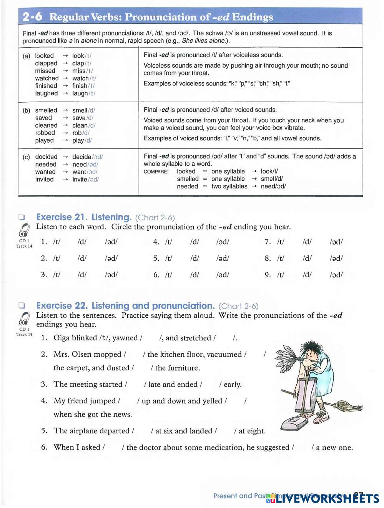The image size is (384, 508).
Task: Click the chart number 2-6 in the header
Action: click(32, 17)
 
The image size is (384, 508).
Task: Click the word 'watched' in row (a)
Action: click(47, 78)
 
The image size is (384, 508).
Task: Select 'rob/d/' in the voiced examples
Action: click(81, 133)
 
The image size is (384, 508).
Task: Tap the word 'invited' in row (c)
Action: click(44, 180)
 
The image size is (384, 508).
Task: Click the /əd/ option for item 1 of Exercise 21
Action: click(111, 242)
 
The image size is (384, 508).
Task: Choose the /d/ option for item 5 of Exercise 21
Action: click(194, 258)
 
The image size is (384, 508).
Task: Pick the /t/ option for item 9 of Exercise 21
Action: click(281, 275)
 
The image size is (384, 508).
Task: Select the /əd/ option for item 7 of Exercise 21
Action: click(336, 242)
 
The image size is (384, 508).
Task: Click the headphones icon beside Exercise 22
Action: click(24, 319)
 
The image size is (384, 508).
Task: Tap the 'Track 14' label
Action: click(24, 247)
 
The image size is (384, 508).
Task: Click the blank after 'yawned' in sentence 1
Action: click(151, 338)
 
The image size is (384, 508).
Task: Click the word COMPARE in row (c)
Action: click(156, 172)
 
